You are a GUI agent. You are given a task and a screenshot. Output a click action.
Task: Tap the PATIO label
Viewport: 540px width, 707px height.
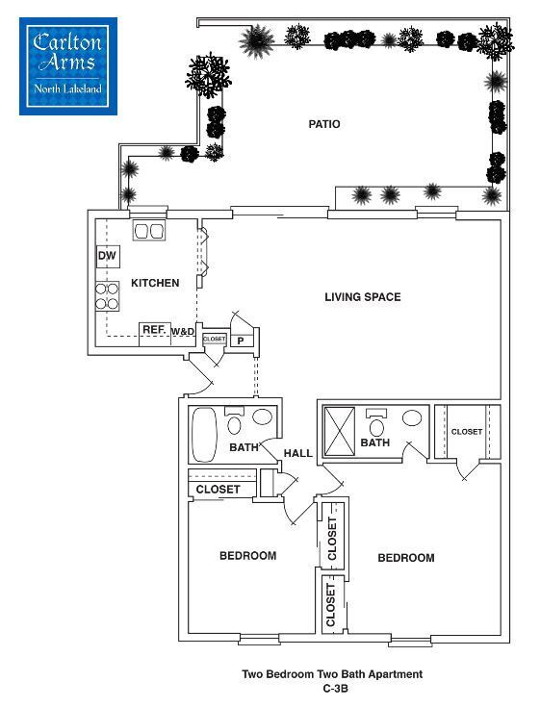point(324,124)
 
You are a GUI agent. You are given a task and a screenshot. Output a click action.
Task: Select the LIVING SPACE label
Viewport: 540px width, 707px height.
point(362,297)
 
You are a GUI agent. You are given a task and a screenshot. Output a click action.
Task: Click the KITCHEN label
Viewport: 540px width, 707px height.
point(155,283)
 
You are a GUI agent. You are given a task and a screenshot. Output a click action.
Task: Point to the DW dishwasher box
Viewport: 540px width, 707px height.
point(106,257)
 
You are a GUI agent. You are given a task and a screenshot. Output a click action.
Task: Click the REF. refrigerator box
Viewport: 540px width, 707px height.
point(154,330)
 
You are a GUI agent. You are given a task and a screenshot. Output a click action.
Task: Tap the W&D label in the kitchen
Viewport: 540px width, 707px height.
point(183,332)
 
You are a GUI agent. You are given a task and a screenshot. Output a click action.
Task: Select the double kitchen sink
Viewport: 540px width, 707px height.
point(148,232)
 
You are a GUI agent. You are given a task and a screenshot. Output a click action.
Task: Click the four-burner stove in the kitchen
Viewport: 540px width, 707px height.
point(106,297)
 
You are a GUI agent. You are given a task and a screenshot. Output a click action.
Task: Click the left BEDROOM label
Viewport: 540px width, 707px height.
point(247,556)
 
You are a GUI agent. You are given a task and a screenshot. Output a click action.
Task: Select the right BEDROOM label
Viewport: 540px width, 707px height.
point(405,558)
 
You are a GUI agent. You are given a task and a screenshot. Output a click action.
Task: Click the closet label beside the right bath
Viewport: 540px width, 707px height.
point(467,432)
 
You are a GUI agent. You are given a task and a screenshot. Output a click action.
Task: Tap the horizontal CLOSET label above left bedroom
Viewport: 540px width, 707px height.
point(219,490)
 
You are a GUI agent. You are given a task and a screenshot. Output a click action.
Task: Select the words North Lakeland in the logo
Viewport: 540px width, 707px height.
point(68,91)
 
